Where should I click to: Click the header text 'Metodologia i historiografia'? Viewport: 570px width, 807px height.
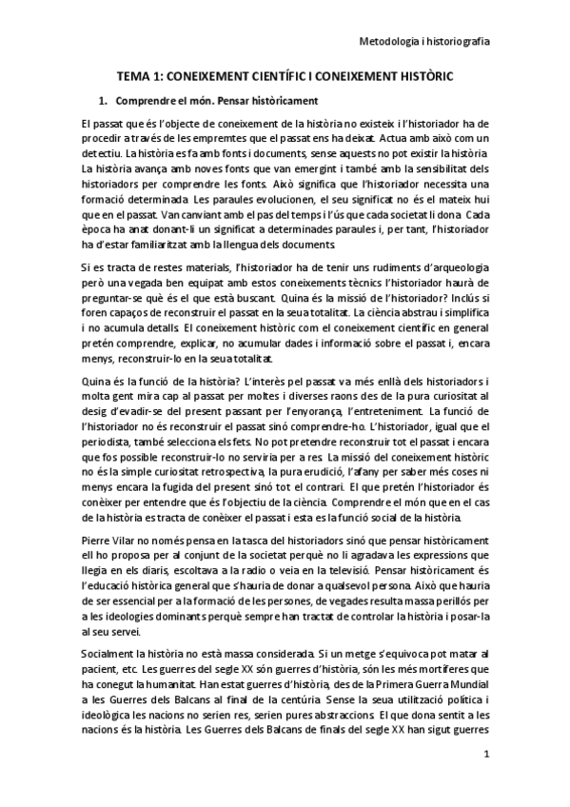coord(430,41)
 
